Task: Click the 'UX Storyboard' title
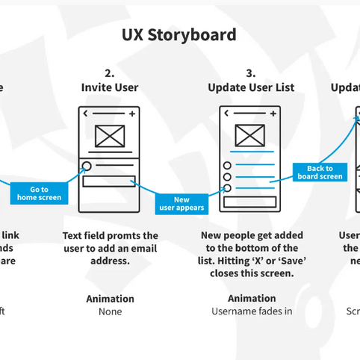point(179,34)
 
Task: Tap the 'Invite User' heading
point(110,87)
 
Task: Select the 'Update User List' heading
point(251,87)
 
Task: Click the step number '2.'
point(110,73)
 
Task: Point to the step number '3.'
point(251,73)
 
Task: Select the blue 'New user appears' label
point(181,204)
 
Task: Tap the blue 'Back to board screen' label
point(320,173)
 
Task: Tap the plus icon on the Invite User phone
point(131,114)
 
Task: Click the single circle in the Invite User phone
point(87,167)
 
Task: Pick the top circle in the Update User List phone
point(227,165)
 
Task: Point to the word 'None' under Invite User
point(110,311)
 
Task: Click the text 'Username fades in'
point(251,311)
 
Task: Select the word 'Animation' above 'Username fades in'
point(251,299)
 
